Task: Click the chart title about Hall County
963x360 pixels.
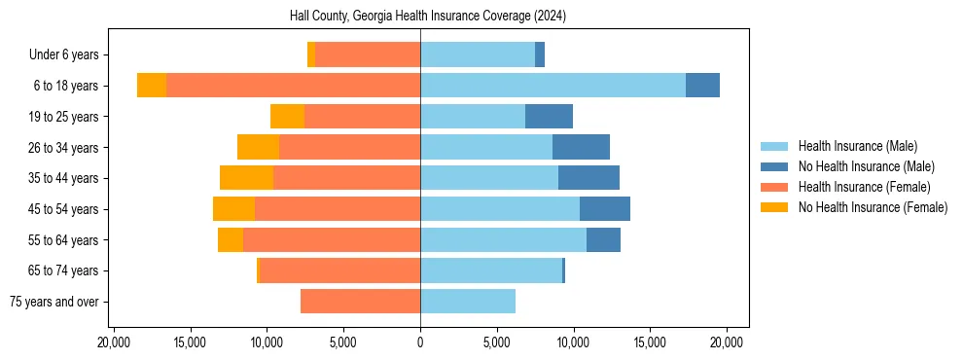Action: [428, 17]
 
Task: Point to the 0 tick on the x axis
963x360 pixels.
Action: [420, 342]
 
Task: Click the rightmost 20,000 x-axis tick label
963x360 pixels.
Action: [727, 342]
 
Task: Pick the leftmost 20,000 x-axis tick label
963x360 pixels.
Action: [114, 342]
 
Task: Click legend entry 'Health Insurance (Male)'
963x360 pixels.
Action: [857, 146]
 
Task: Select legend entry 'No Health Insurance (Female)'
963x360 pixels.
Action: [873, 207]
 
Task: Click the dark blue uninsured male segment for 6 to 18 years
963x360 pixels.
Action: [702, 86]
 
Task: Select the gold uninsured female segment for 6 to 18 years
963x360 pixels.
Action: [152, 86]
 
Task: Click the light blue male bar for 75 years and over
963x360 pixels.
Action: [468, 302]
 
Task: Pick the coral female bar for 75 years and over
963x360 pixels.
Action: [360, 302]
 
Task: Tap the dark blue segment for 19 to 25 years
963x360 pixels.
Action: [549, 117]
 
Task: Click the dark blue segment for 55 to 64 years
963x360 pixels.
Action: [603, 239]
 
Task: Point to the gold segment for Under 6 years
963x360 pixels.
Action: [311, 55]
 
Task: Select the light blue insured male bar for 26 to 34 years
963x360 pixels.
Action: [486, 147]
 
